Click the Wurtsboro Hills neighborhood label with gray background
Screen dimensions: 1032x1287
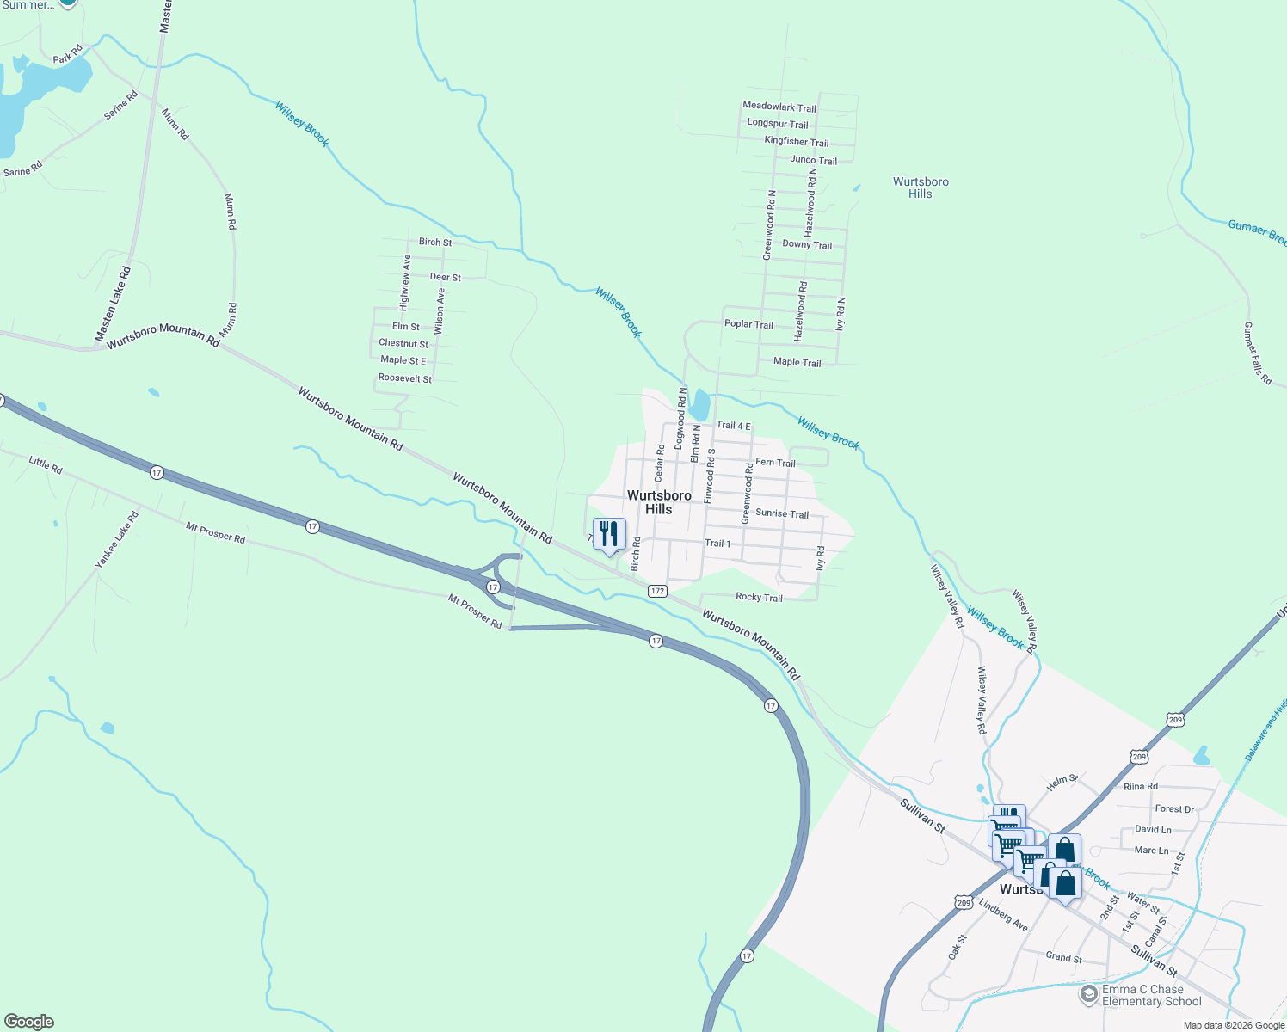tap(659, 502)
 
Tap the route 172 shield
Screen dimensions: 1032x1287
tap(657, 591)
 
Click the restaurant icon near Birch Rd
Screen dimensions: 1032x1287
tap(609, 534)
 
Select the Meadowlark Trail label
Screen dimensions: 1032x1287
tap(779, 107)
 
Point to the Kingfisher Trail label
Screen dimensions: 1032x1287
tap(797, 142)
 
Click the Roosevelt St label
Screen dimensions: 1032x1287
tap(405, 378)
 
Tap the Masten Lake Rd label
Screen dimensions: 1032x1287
tap(113, 304)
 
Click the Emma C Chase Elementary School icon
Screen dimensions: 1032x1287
tap(1088, 995)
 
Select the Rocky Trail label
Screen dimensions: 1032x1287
tap(759, 597)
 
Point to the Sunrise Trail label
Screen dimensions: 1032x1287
tap(782, 513)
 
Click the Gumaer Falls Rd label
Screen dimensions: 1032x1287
tap(1257, 353)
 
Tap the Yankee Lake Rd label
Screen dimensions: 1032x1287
tap(116, 540)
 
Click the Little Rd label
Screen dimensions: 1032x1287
tap(46, 465)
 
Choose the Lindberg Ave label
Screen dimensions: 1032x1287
tap(1003, 913)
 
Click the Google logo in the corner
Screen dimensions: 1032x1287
tap(29, 1022)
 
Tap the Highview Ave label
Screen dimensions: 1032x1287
tap(405, 282)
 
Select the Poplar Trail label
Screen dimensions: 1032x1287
tap(748, 324)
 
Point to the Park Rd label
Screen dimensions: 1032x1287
tap(67, 55)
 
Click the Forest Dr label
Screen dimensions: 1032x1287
tap(1174, 809)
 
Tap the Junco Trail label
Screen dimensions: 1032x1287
tap(813, 160)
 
